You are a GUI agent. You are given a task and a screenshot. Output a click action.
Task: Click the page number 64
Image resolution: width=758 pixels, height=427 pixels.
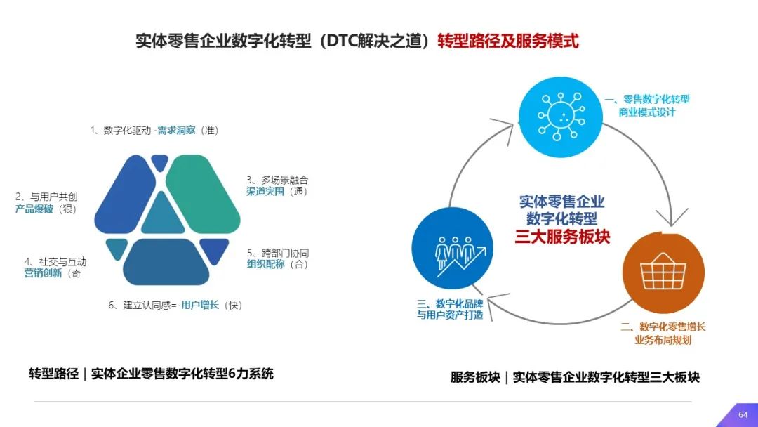743,414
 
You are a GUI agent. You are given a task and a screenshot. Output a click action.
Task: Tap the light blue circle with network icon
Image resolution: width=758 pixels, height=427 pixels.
561,117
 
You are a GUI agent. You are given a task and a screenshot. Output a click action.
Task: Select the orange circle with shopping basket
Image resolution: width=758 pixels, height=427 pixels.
663,272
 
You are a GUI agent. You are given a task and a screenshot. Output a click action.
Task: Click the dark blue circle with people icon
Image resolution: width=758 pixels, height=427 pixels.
453,248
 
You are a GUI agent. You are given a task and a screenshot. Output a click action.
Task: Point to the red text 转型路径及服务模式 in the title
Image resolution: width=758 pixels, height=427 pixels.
508,41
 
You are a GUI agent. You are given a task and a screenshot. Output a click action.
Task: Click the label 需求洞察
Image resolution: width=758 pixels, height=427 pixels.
176,130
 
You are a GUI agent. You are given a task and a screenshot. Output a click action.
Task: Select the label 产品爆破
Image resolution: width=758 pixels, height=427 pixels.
34,209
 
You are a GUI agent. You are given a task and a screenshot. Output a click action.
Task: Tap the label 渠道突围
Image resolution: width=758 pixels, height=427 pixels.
265,191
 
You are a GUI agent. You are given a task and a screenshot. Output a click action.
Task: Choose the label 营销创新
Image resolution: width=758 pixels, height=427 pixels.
43,272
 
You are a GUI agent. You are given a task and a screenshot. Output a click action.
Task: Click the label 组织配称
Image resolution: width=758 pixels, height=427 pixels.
266,264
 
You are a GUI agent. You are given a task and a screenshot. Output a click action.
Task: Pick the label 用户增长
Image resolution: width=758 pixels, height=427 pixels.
200,305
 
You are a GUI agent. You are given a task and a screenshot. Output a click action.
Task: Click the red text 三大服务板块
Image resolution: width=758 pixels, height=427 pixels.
562,237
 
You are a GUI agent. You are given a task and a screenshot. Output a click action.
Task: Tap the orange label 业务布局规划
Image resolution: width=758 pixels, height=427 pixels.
663,340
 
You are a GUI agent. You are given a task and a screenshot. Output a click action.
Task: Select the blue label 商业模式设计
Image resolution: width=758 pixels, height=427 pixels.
647,112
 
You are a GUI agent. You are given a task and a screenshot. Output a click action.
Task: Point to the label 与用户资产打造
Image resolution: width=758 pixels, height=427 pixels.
450,315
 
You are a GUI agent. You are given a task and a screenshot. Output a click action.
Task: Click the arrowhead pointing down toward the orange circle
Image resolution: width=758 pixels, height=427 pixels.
672,218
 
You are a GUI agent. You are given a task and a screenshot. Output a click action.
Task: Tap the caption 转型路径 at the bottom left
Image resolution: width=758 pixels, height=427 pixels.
53,374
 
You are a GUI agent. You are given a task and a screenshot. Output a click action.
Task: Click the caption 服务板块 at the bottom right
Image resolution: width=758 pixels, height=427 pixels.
475,377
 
